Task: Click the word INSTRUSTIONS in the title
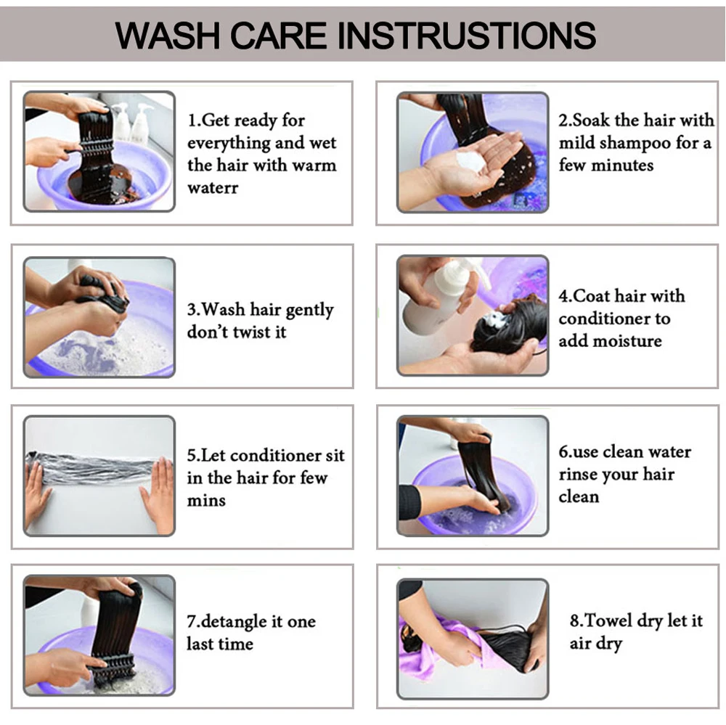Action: click(467, 35)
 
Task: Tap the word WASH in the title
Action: click(168, 35)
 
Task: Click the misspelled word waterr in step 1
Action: click(213, 188)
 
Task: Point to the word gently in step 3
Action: click(309, 310)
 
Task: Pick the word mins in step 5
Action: click(206, 501)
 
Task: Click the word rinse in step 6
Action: click(576, 475)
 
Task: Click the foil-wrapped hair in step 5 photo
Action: click(94, 469)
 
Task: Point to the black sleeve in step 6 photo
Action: click(409, 501)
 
